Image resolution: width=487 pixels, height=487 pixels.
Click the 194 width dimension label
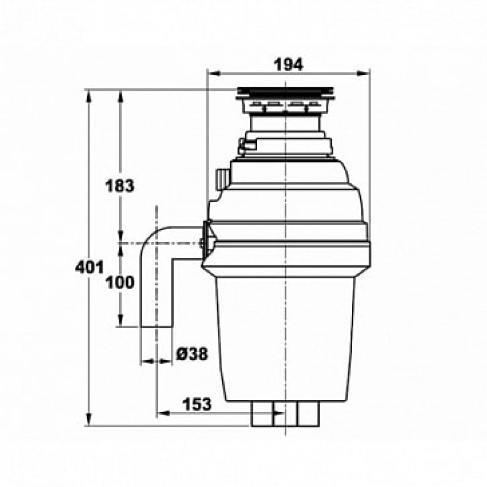point(288,65)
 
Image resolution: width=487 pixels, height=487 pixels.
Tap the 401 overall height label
point(89,267)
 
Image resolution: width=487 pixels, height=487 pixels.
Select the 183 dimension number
point(120,186)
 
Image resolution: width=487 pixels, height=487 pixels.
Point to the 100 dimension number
point(120,282)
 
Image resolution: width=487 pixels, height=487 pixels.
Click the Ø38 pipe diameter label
point(192,354)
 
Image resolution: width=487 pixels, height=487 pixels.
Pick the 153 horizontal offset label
point(197,404)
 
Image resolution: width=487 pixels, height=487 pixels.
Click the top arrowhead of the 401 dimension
point(89,96)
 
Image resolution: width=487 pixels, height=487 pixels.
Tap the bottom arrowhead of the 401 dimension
point(89,419)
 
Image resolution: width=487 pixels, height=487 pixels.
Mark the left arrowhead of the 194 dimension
point(214,74)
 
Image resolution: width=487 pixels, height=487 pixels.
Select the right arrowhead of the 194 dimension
point(363,74)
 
